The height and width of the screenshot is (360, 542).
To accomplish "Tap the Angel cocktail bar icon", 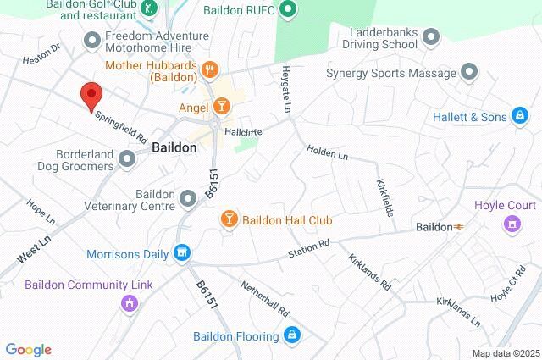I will pos(220,107).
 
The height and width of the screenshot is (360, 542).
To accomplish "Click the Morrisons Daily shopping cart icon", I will pos(181,253).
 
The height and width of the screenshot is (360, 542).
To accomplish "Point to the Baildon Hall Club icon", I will pos(229,219).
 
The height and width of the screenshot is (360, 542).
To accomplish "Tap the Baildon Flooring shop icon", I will pos(292,335).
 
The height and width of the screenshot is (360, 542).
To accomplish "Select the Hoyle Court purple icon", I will pos(512,224).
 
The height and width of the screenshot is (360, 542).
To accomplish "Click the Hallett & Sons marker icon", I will pos(521,116).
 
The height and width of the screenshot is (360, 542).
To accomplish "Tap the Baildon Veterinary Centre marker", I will pos(189,198).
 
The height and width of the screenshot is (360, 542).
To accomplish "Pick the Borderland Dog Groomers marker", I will pos(128,158).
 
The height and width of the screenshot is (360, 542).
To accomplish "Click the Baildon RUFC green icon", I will pos(288,11).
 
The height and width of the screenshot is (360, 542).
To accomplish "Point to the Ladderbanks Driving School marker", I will pos(431,36).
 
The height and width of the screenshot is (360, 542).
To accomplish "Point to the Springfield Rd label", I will pos(121,126).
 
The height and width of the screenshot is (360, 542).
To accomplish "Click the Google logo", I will pos(28,350).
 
